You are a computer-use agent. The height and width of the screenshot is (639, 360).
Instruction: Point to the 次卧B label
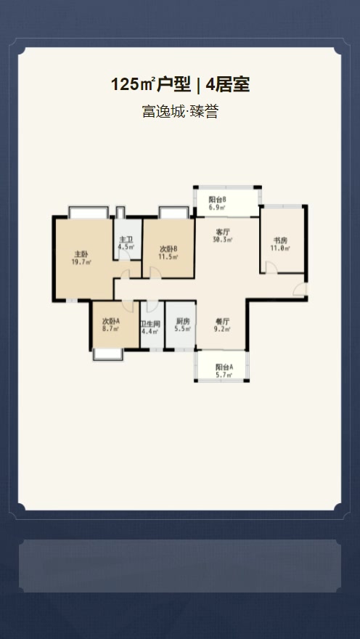click(168, 249)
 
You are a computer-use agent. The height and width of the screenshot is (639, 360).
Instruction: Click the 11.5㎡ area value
click(168, 256)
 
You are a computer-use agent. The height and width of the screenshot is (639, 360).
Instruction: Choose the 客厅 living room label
click(222, 232)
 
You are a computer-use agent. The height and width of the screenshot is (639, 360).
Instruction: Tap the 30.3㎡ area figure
click(222, 240)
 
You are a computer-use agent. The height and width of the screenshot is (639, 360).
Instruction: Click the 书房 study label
click(279, 240)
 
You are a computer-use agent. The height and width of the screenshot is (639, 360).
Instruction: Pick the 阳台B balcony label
click(218, 200)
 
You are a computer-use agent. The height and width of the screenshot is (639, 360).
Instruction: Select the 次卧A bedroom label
click(111, 321)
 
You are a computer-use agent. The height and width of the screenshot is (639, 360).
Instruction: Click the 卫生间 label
click(150, 324)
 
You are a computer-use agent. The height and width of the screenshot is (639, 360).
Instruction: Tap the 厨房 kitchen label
click(183, 321)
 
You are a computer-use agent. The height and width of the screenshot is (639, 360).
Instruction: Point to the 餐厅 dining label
click(222, 321)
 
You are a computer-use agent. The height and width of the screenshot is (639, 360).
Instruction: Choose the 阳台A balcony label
click(224, 367)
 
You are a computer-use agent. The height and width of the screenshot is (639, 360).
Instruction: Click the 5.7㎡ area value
click(224, 375)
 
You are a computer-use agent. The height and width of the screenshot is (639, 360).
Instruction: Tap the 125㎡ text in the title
click(133, 85)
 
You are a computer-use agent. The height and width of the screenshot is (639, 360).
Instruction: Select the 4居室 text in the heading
click(228, 85)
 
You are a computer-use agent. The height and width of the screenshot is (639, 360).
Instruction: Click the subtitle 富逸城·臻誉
click(180, 111)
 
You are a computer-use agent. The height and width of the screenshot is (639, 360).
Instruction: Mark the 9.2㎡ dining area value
click(222, 329)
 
